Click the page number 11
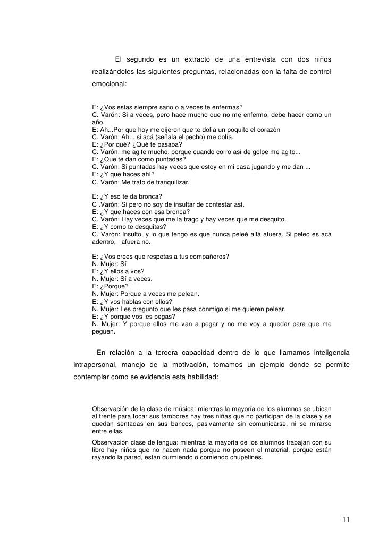click(x=346, y=519)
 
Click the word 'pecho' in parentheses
click(x=196, y=137)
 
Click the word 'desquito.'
click(x=270, y=219)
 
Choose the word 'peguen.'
click(x=104, y=331)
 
